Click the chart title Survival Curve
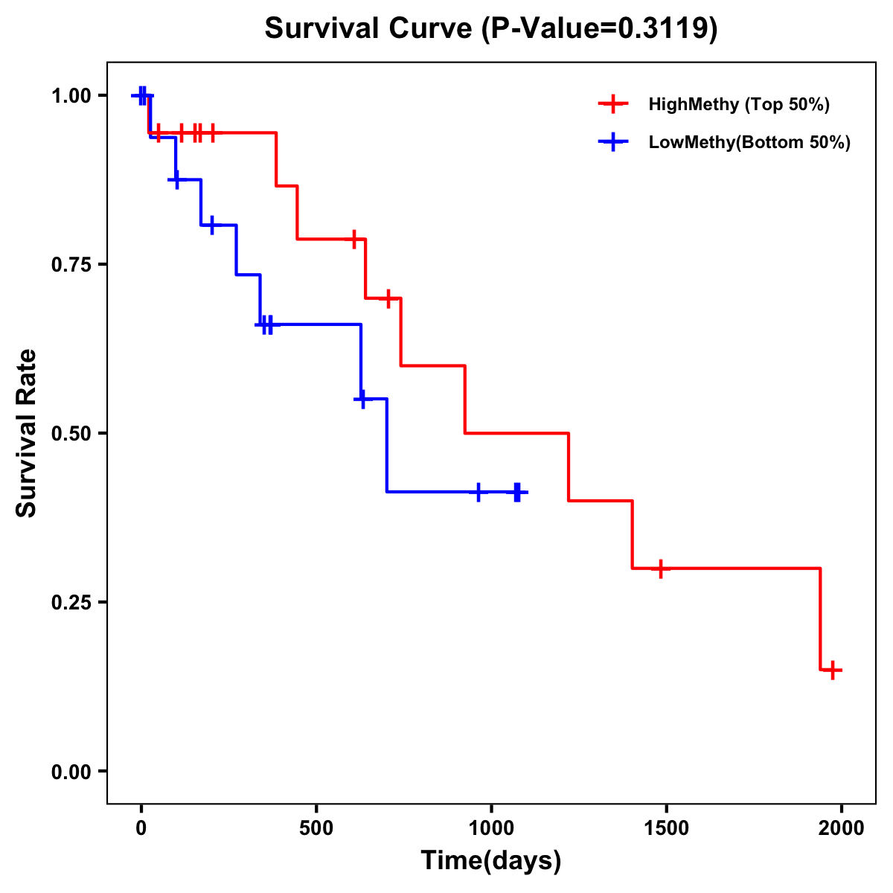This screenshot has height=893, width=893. click(491, 28)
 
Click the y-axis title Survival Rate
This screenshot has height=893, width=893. click(27, 433)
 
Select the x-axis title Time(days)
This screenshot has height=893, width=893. click(491, 860)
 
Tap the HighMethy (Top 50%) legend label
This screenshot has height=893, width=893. click(739, 104)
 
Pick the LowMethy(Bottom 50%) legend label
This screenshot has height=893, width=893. click(749, 142)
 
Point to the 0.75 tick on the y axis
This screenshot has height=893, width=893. click(74, 264)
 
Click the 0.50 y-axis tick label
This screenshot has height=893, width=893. click(74, 433)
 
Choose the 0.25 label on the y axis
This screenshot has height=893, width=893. click(74, 602)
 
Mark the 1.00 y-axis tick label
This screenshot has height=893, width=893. click(74, 95)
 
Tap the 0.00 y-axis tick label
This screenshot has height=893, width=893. click(74, 771)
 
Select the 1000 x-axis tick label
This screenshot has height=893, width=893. click(491, 828)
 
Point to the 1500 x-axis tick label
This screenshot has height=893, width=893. click(666, 828)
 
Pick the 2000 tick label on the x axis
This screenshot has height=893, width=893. click(842, 828)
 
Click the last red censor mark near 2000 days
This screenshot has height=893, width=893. click(833, 670)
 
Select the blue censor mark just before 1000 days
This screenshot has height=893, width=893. click(478, 492)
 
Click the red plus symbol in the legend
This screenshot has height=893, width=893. click(613, 104)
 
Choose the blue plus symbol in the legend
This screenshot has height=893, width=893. click(613, 142)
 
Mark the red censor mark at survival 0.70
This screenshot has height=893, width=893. click(387, 298)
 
